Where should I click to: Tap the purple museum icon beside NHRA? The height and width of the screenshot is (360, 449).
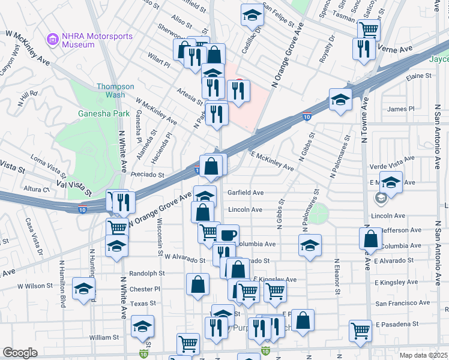[52, 40]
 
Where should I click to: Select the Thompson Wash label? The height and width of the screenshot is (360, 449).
[111, 91]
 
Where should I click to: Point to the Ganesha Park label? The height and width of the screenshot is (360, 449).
[95, 113]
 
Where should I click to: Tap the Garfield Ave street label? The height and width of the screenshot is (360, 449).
[246, 193]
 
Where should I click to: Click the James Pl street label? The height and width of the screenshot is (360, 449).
[401, 109]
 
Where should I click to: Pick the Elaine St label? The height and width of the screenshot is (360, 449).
[419, 76]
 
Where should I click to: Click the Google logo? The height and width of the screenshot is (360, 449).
[20, 353]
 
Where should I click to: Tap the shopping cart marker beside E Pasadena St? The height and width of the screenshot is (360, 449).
[360, 329]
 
